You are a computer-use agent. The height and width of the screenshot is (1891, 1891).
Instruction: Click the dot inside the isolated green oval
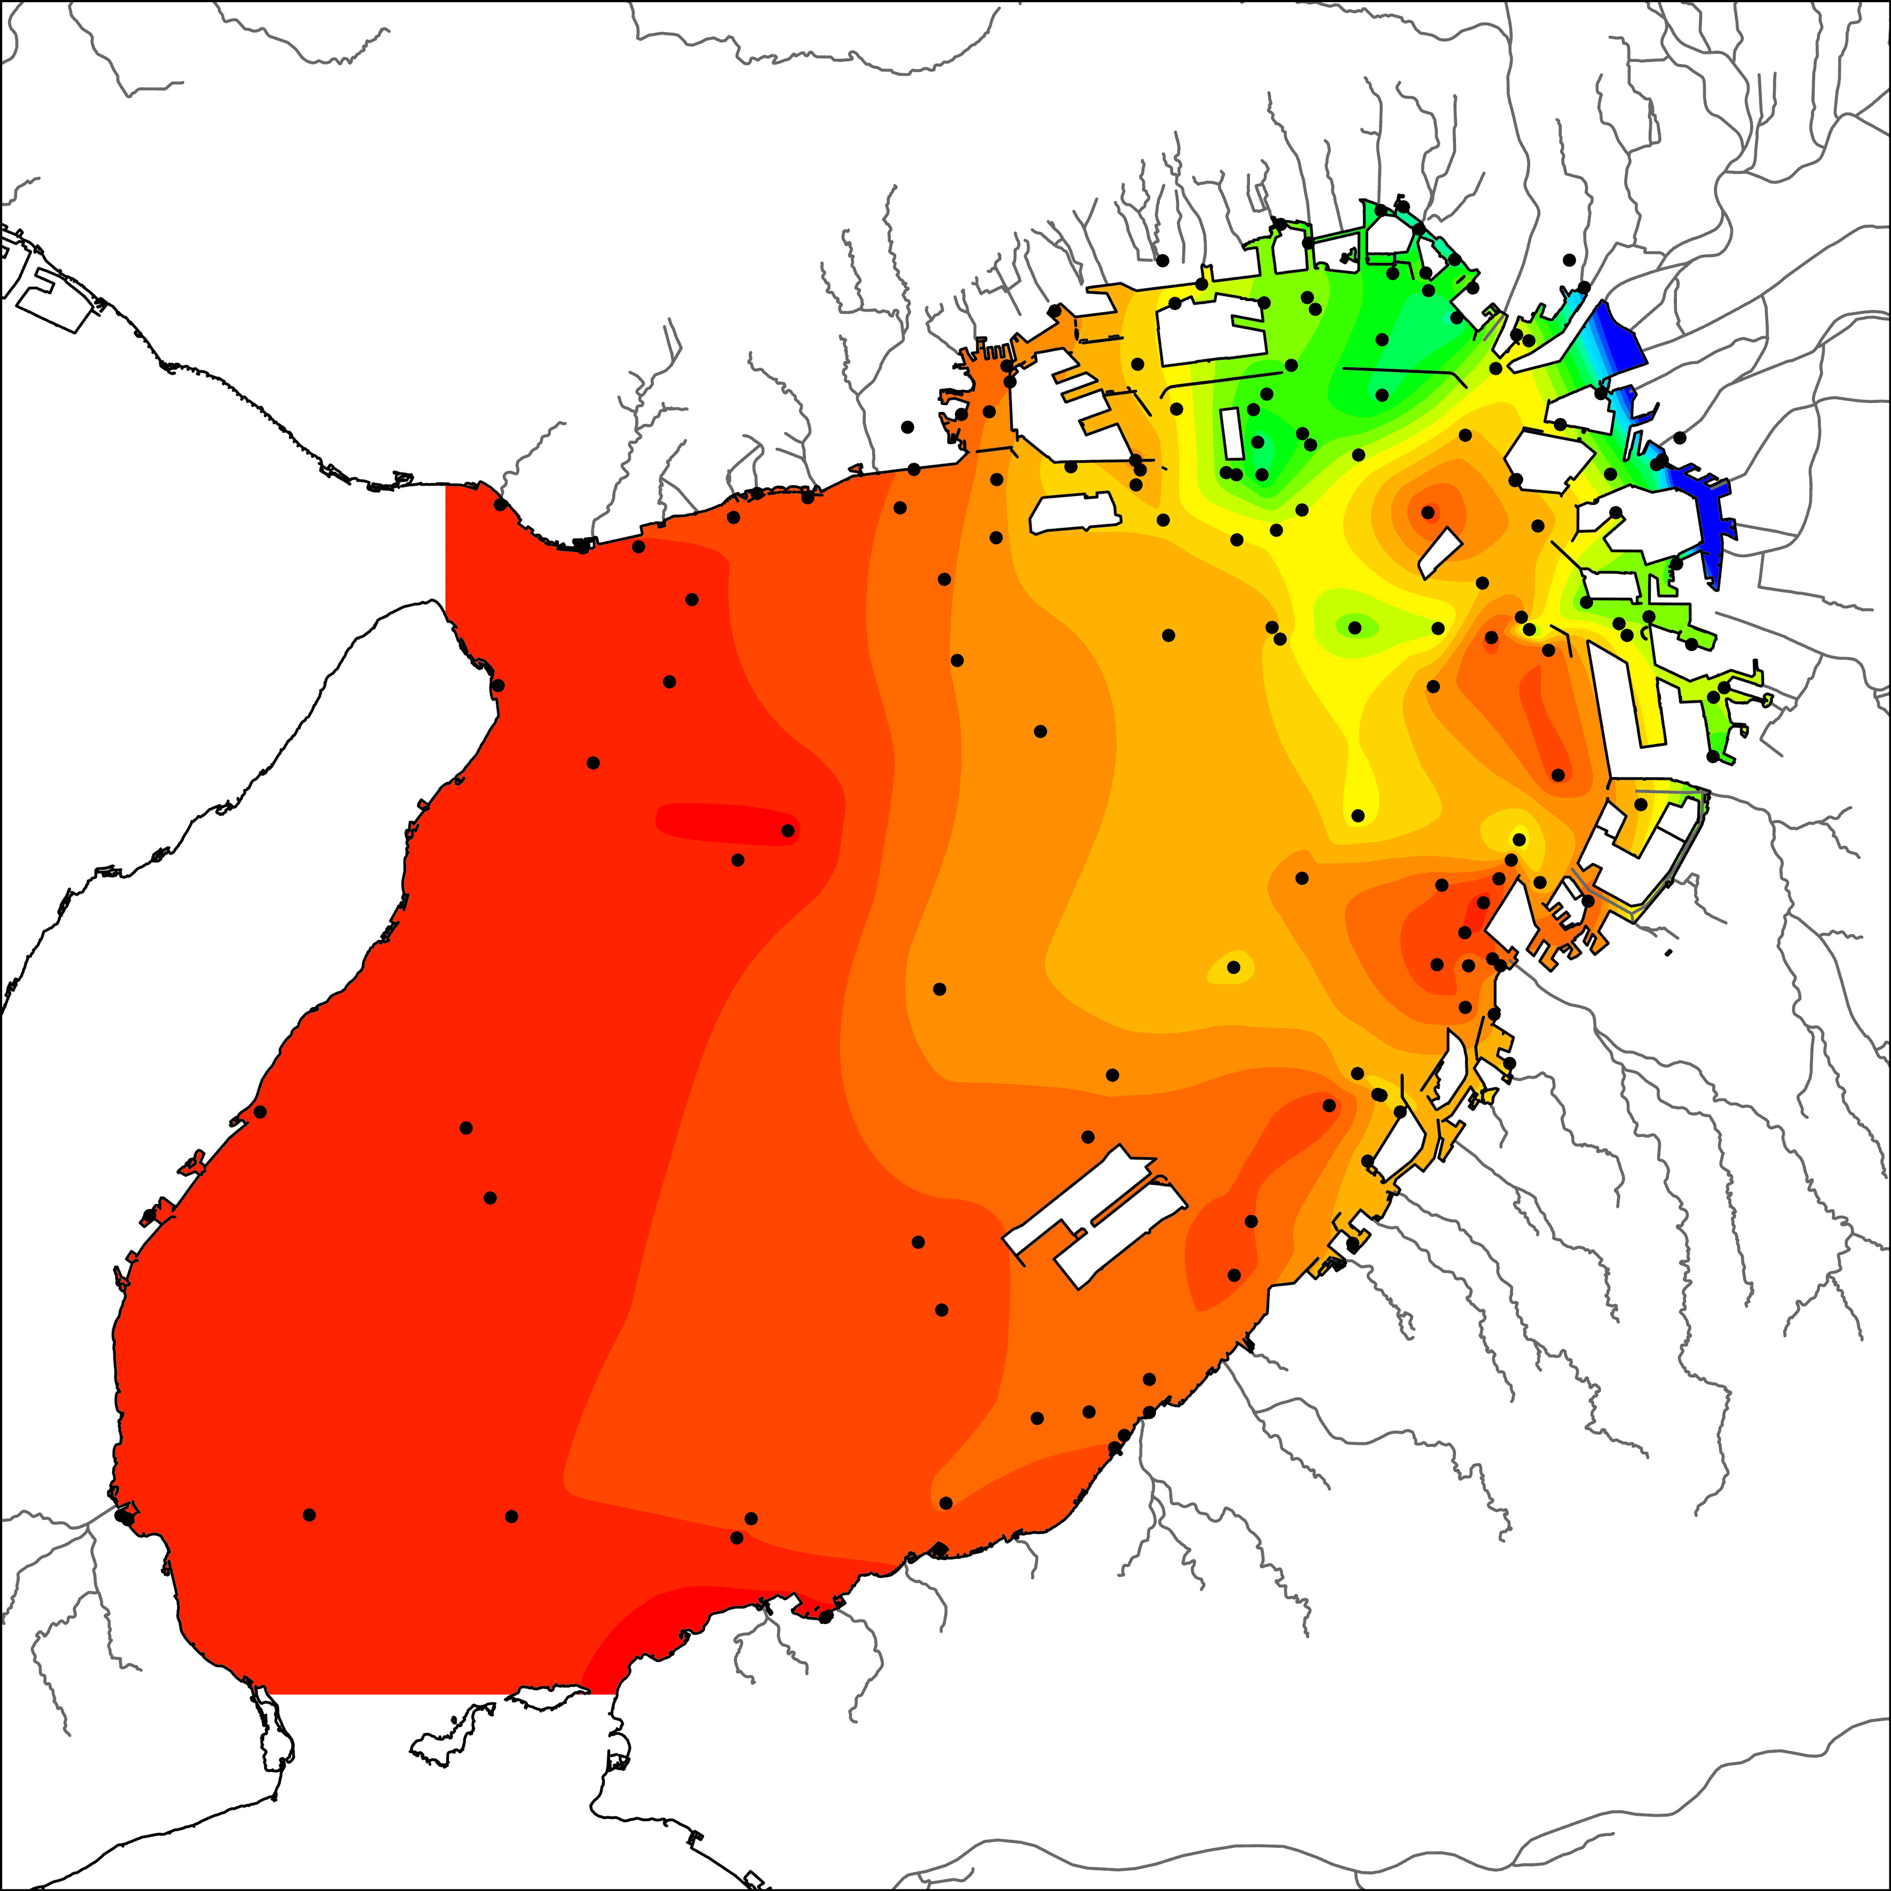[1355, 627]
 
